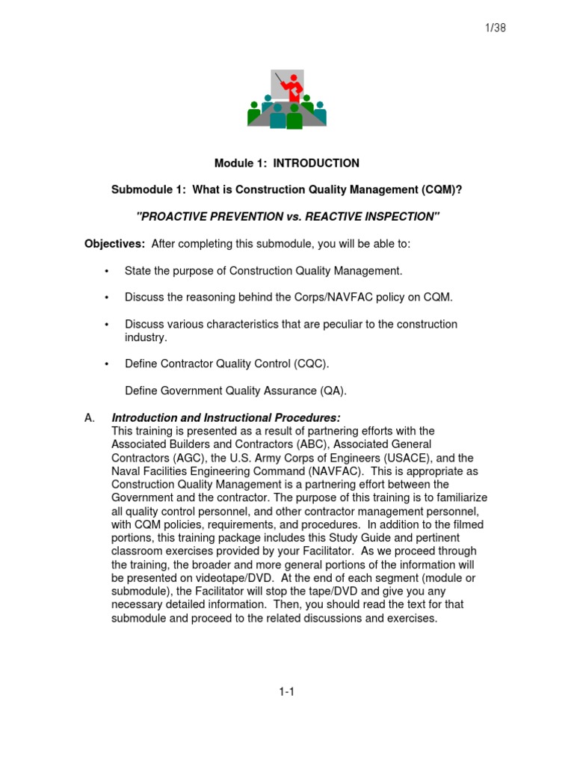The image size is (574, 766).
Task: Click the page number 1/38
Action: (496, 28)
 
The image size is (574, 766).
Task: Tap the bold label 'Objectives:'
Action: (114, 244)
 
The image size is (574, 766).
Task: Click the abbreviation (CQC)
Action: (310, 364)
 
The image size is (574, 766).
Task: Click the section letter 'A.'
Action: (90, 417)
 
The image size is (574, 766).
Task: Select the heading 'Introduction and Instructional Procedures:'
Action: (226, 417)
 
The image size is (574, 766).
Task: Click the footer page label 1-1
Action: (287, 692)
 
